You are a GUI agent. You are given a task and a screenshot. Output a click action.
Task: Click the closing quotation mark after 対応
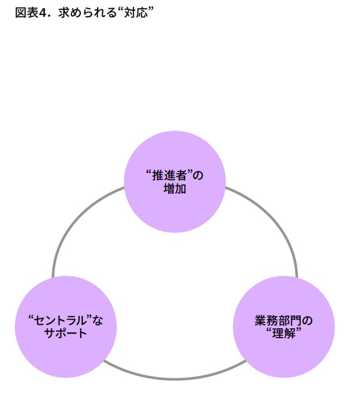click(x=149, y=10)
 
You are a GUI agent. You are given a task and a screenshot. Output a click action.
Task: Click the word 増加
click(x=175, y=189)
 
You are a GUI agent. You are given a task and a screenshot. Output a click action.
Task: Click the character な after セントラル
click(x=97, y=320)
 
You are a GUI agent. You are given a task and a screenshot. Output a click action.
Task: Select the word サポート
click(x=66, y=333)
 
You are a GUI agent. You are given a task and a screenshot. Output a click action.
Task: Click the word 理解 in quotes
click(x=284, y=334)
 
